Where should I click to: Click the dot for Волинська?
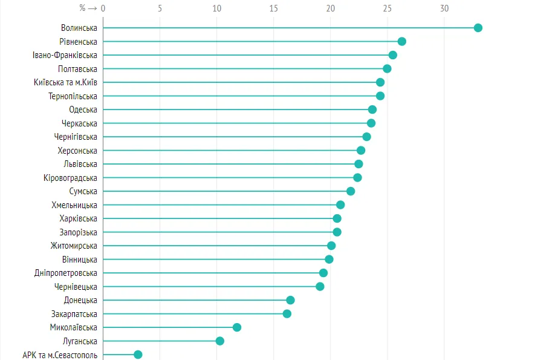tap(478, 28)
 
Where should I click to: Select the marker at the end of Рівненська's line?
tap(402, 41)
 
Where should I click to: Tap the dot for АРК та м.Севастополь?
tap(138, 355)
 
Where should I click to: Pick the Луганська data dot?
tap(220, 341)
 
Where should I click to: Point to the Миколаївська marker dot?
tap(237, 327)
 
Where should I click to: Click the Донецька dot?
tap(290, 300)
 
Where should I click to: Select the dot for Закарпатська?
tap(287, 314)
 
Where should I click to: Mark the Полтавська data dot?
tap(387, 68)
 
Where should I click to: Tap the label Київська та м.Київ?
tap(66, 82)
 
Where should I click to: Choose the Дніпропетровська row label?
tap(66, 273)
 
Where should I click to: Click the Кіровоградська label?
tap(70, 178)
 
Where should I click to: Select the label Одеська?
tap(83, 110)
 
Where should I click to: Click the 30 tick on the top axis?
tap(444, 8)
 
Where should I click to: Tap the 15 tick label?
tap(273, 8)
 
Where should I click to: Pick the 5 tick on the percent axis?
tap(160, 8)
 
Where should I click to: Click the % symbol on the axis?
tap(82, 8)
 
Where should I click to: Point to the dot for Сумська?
tap(351, 191)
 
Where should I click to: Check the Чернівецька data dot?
tap(320, 287)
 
